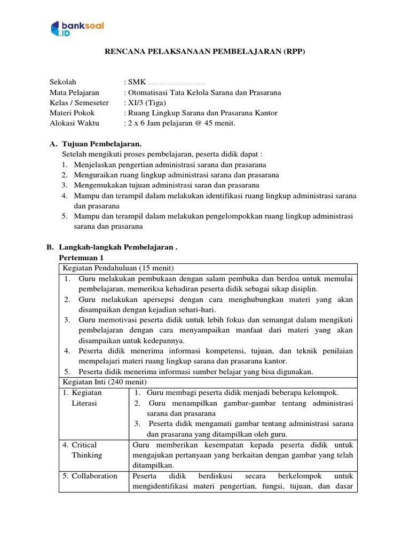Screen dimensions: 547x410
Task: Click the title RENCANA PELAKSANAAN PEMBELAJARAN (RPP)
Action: coord(204,52)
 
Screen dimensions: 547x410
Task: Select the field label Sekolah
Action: coord(63,82)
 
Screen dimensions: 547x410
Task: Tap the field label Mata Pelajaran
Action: coord(74,92)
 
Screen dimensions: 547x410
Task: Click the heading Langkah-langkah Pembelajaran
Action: coord(117,247)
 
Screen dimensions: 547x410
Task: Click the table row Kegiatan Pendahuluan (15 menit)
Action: coord(118,268)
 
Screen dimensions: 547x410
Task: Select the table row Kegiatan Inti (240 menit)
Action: coord(105,382)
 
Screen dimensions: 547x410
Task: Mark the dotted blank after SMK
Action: coord(177,83)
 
